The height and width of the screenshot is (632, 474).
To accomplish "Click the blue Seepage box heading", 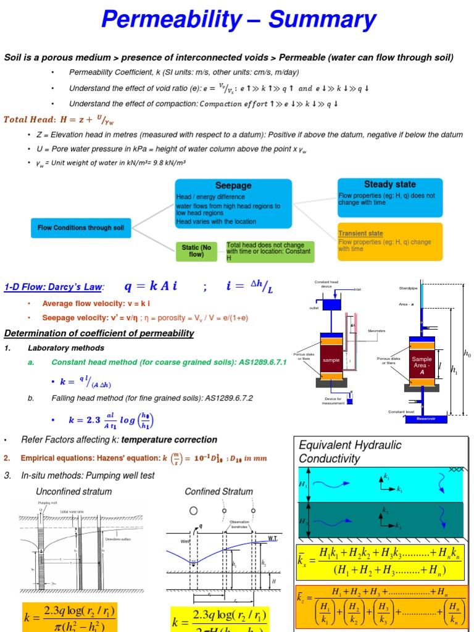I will [233, 185].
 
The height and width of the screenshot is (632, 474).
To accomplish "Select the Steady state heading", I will [390, 184].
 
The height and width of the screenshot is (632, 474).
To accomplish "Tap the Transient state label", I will [360, 233].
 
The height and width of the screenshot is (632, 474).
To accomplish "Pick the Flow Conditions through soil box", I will [81, 228].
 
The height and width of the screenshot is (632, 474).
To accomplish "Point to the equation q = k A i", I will [151, 286].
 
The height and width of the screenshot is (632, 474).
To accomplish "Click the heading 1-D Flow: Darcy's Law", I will [53, 287].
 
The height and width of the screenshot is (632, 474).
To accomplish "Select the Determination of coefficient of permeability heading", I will [99, 333].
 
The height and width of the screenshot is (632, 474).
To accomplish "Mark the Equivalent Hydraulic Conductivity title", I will [350, 451].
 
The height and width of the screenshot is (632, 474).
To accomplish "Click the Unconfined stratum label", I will [74, 491].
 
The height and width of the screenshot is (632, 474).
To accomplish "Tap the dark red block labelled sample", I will [331, 360].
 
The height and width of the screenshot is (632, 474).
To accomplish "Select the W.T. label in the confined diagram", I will [273, 538].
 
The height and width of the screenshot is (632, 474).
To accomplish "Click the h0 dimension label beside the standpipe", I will [467, 354].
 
